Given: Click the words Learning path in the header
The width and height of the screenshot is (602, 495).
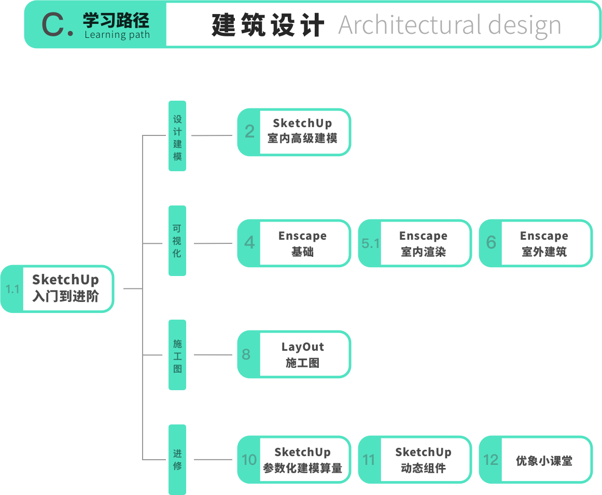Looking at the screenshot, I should coord(117,35).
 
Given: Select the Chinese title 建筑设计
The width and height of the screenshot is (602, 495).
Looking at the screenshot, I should coord(268,25).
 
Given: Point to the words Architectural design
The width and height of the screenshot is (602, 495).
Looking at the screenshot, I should coord(450,25).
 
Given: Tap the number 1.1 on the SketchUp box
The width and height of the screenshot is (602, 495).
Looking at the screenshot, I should coord(12,289).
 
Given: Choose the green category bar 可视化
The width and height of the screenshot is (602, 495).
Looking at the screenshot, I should coord(177,241).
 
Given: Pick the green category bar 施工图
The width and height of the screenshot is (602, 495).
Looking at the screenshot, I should coord(177,355).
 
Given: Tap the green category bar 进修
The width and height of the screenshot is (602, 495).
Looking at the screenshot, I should coord(177,459).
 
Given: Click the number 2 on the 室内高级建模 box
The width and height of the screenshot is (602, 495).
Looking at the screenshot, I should coord(249,132).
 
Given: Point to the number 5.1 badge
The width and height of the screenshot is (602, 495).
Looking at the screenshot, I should coord(370,243).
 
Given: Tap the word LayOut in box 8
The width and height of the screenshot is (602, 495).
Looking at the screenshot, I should coord(303,347).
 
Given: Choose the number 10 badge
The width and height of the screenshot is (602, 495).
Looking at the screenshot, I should coord(249,460).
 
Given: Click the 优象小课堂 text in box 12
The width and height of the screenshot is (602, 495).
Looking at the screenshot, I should coord(544,461).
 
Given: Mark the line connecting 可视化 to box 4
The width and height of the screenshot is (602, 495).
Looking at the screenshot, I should coord(212,243).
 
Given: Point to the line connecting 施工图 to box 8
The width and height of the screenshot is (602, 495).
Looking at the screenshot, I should coord(212,355).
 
